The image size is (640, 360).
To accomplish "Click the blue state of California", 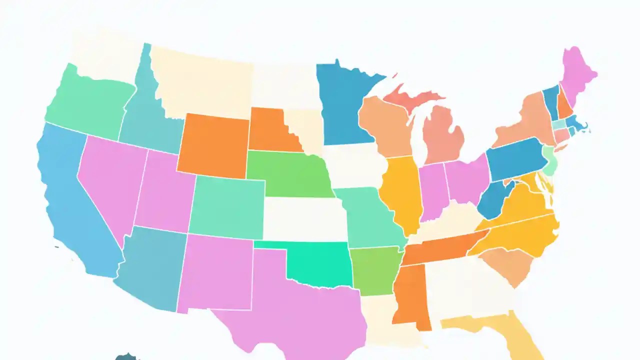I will coord(75,210).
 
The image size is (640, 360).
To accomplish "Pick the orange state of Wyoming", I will coord(212,145).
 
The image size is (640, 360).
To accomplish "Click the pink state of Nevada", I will coord(107,180).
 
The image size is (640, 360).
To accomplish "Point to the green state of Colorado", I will coord(227,207).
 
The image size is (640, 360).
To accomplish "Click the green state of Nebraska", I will coord(287,172).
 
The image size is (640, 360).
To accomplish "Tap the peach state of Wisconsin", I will coord(385,125).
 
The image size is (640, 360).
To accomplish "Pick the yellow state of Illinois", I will coord(402,192).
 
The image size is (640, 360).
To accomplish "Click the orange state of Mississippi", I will coord(410,295).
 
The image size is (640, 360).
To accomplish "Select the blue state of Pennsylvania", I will coord(515,157).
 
